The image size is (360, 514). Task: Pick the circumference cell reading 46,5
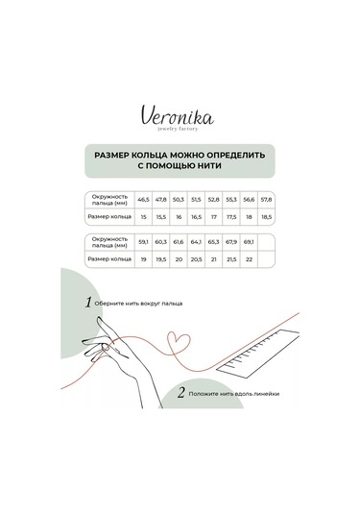144,200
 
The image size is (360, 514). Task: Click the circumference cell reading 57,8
267,200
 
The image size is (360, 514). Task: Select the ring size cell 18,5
267,217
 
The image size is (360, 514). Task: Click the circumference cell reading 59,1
144,243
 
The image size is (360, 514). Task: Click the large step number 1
88,302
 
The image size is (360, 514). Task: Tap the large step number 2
180,392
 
